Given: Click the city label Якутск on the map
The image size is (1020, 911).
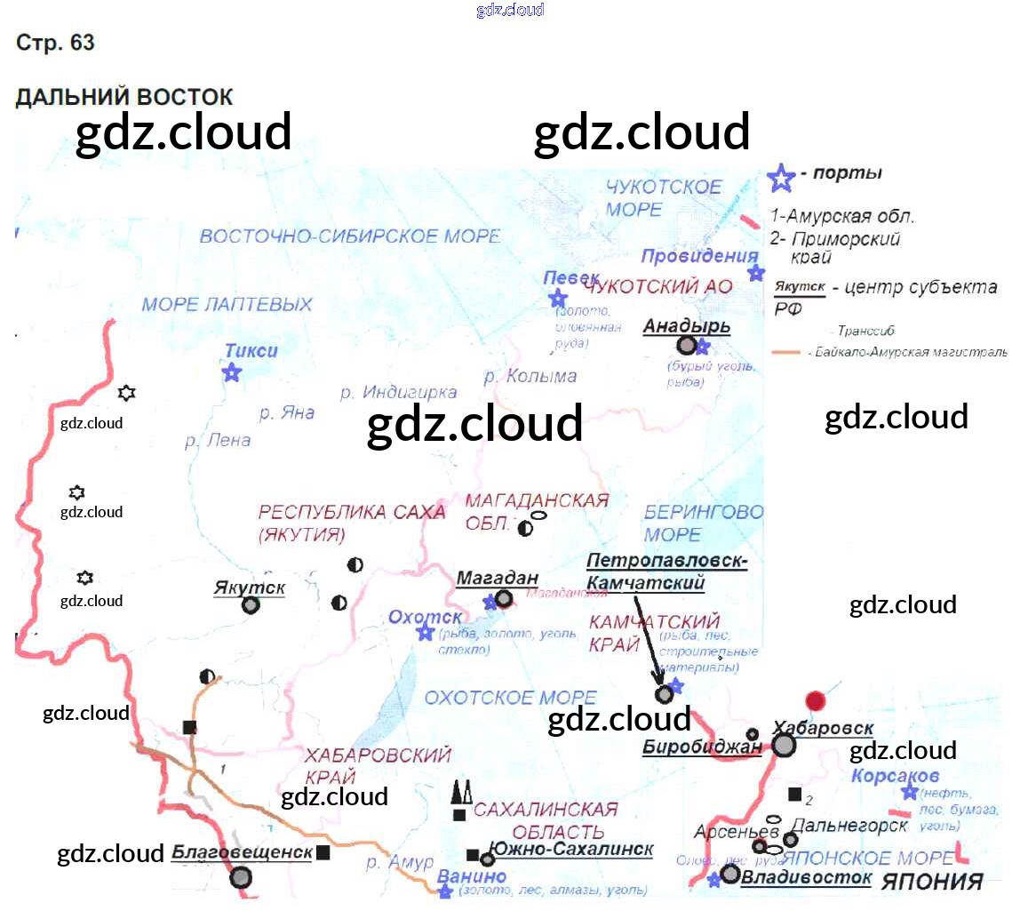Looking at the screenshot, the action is [x=249, y=587].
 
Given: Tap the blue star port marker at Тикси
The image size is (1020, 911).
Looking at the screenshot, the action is [x=232, y=372].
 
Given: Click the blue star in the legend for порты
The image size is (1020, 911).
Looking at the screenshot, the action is [x=780, y=178].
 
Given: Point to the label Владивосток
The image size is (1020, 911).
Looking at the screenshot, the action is [x=806, y=878].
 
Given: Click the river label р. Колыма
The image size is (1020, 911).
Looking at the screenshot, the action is [x=530, y=376].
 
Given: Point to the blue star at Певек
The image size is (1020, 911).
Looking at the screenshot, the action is [x=557, y=298].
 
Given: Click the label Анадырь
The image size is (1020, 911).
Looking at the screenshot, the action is [x=686, y=325].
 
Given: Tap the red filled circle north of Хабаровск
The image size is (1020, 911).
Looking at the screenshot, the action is [x=814, y=699].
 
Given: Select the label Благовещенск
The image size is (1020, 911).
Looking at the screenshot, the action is [x=242, y=853].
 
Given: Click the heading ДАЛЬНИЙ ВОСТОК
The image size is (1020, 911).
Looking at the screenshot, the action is [x=124, y=97].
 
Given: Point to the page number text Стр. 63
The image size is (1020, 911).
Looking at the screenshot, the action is [x=55, y=43].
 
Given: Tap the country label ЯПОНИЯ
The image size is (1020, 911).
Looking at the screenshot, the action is [x=931, y=882].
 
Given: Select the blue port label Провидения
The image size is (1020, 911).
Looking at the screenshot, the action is [x=699, y=256].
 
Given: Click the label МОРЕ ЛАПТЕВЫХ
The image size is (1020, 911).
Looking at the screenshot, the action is [x=227, y=305].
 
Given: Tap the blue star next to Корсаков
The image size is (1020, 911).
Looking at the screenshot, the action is [x=909, y=792].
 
